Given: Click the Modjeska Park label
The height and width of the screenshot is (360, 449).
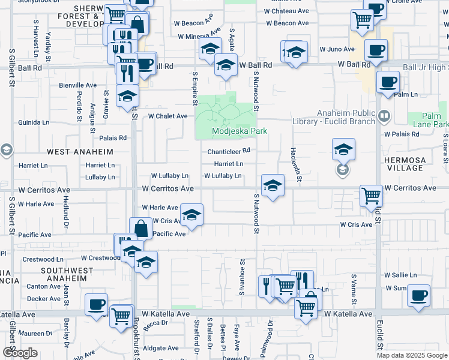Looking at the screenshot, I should point(239,131).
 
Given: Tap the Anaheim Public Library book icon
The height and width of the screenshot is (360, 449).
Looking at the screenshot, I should point(384,115).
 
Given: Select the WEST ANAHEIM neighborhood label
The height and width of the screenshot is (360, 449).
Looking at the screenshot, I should point(80,152).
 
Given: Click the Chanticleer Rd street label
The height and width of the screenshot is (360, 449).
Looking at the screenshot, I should point(228,152).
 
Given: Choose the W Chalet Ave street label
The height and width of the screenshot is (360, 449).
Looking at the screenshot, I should point(167,116).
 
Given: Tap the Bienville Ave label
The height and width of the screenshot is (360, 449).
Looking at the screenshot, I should point(77,85).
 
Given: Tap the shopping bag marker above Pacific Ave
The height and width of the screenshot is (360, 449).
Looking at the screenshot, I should point(140,229).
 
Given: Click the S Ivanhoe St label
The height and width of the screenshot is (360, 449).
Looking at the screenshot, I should point(242,277).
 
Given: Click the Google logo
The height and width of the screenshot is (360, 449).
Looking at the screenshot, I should point(20,353).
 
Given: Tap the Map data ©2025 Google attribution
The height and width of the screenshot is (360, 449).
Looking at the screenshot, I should point(412,355).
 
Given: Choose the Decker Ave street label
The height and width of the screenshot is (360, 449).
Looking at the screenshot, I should point(44,298).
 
